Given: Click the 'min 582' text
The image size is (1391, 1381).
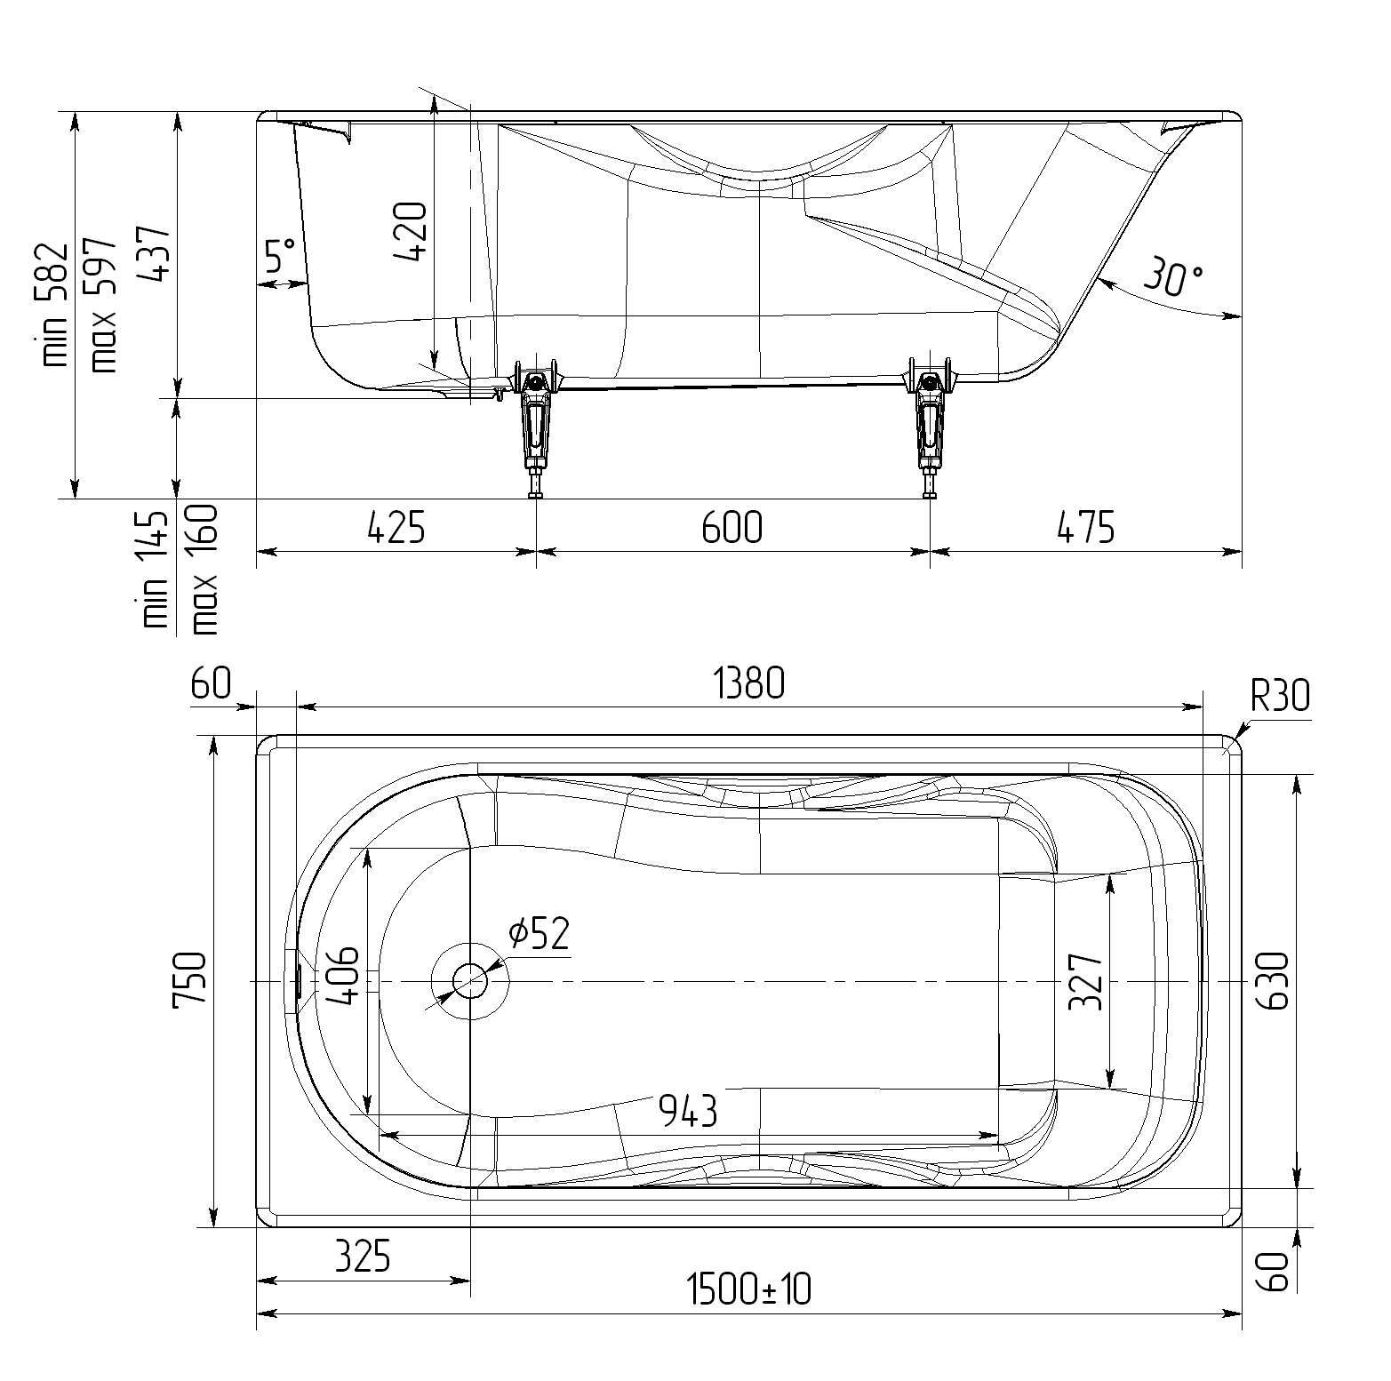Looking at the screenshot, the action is [x=54, y=304].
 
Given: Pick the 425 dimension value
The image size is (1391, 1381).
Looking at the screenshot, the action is [x=396, y=527].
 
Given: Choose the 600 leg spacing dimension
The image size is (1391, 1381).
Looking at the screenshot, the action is [x=732, y=527].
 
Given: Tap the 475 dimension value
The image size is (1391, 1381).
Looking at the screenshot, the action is [x=1085, y=527].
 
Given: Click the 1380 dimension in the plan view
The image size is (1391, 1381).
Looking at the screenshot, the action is [x=749, y=684].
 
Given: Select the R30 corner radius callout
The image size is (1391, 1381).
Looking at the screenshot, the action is [x=1280, y=696].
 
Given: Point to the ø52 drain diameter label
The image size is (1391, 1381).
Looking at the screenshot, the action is [x=539, y=933].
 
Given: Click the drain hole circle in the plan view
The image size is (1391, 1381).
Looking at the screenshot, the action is [x=469, y=981].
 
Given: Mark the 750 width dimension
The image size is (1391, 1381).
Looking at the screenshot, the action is [x=188, y=981].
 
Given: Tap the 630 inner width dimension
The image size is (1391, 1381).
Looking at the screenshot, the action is [x=1273, y=981].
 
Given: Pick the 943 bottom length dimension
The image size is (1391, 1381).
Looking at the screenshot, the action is [x=687, y=1111].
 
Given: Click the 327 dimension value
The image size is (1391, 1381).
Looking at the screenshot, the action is [x=1085, y=981].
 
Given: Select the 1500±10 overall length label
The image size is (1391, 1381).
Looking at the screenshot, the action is [x=749, y=1289].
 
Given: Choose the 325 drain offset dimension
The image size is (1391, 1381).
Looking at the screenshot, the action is [x=362, y=1257].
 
